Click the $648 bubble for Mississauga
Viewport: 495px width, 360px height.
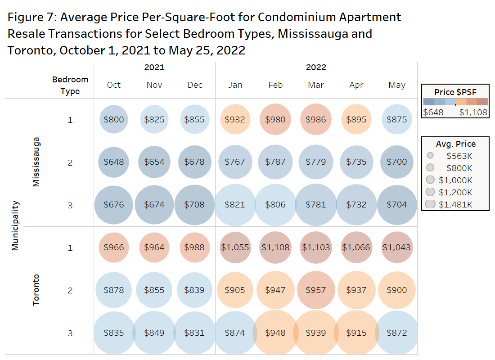click(114, 162)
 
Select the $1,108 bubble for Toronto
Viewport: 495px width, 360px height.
click(275, 247)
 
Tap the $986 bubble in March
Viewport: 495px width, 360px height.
click(316, 120)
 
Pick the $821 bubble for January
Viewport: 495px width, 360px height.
click(235, 205)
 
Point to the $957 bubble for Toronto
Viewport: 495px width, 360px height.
click(316, 290)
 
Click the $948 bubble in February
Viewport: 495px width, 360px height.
click(275, 333)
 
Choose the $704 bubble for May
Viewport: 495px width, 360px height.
click(396, 205)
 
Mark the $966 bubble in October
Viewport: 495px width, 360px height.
click(114, 247)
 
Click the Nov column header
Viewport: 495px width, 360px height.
click(154, 85)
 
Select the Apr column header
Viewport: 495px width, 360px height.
click(356, 85)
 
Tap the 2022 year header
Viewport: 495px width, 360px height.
click(316, 67)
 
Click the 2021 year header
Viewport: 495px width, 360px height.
click(154, 67)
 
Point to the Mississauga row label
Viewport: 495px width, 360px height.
click(36, 162)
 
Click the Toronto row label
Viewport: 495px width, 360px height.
click(36, 290)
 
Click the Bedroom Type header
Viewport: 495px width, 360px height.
click(70, 85)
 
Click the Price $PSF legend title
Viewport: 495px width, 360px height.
click(455, 92)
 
